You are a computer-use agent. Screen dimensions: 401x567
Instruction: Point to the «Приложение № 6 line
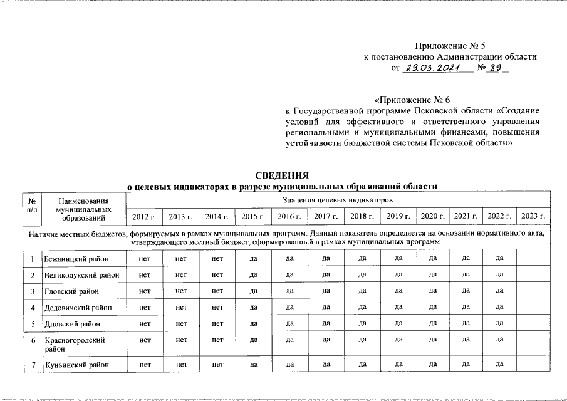point(412,100)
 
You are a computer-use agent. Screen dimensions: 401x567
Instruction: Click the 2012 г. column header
point(144,216)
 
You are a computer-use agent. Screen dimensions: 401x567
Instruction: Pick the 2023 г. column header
point(534,216)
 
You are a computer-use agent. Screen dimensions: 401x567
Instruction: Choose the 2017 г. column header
point(326,216)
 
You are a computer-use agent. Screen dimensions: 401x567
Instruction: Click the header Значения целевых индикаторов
point(338,200)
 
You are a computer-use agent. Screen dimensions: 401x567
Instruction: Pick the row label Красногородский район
point(74,343)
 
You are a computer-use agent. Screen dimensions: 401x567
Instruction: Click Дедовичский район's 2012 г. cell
point(144,307)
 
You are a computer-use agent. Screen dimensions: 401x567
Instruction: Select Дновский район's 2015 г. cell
point(254,323)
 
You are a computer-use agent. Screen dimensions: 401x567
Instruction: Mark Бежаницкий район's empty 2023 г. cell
point(534,258)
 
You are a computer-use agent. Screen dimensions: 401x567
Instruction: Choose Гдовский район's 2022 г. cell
point(499,291)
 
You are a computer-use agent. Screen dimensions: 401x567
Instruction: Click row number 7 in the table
point(31,364)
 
